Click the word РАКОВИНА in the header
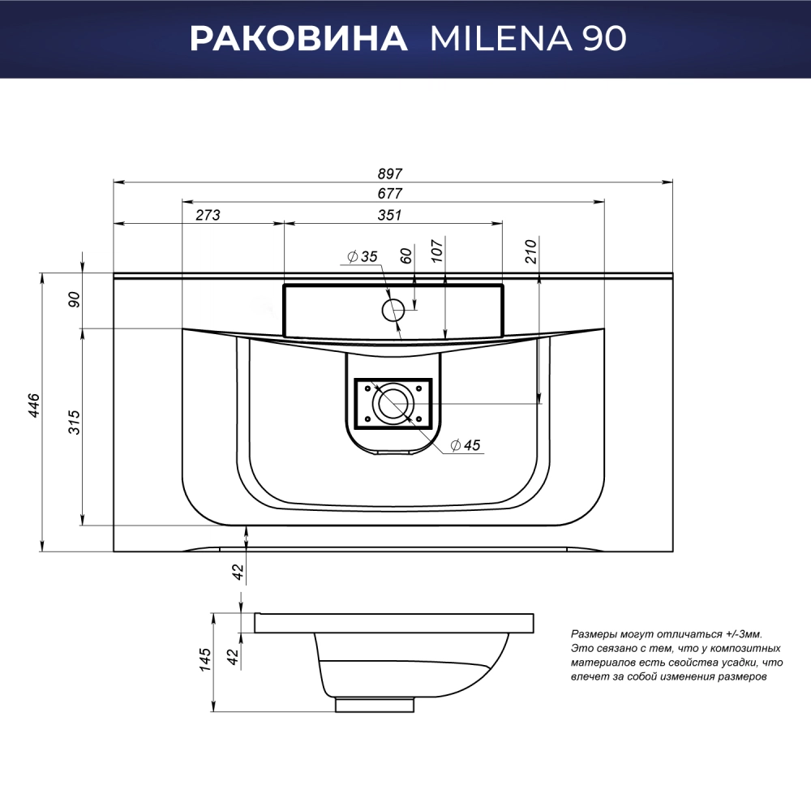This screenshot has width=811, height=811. click(298, 38)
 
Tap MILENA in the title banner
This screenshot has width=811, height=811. click(501, 38)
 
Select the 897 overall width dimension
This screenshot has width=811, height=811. click(389, 174)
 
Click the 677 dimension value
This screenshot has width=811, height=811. click(389, 194)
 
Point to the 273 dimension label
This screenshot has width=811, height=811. click(208, 215)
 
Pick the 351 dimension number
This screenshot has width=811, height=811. click(389, 215)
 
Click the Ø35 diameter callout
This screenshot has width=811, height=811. click(363, 256)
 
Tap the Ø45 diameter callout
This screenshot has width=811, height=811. click(466, 444)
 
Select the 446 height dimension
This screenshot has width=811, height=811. click(34, 405)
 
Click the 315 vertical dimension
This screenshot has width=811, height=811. click(75, 422)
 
